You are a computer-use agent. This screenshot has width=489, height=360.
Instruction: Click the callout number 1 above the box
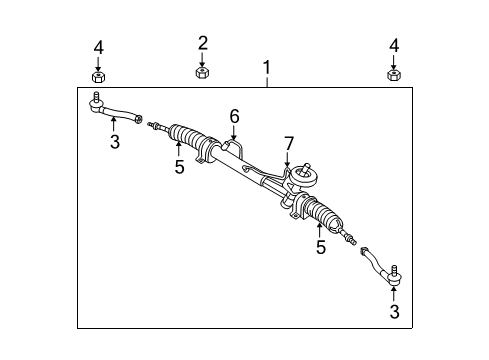tap(267, 68)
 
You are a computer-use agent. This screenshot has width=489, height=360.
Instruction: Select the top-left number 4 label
tap(97, 46)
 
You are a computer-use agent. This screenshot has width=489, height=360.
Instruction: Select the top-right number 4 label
tap(392, 46)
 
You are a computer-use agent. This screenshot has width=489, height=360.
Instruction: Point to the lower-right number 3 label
tap(393, 313)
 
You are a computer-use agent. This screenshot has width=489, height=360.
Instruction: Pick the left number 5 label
tap(179, 167)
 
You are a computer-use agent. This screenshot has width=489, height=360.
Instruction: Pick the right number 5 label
tap(321, 247)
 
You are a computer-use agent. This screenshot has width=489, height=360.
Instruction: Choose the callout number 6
tap(234, 117)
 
